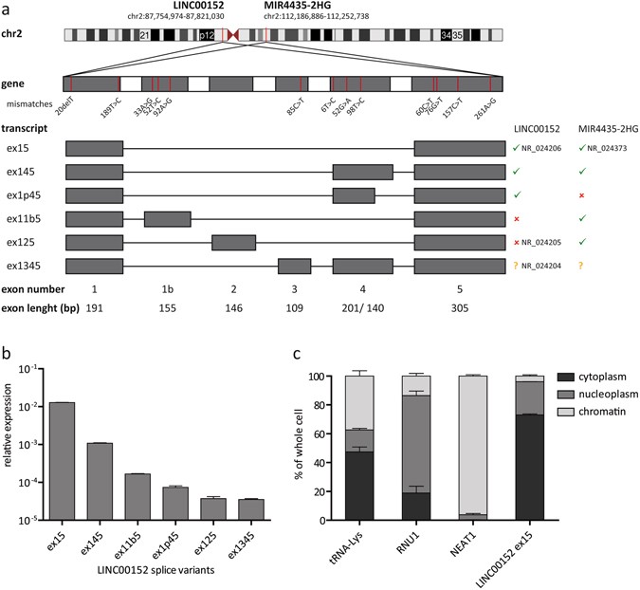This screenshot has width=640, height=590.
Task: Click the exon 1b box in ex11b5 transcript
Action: [x=167, y=218]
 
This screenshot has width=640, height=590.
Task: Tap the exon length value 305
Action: [x=460, y=308]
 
